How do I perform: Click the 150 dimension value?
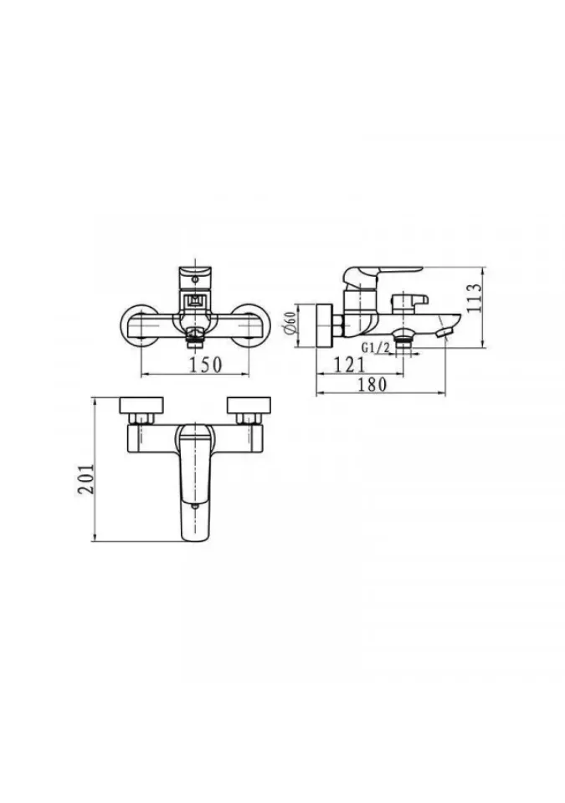pyautogui.click(x=206, y=365)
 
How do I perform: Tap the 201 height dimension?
pyautogui.click(x=86, y=478)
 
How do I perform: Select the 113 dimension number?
pyautogui.click(x=475, y=298)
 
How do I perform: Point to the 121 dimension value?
pyautogui.click(x=349, y=365)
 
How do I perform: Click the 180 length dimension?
pyautogui.click(x=372, y=384)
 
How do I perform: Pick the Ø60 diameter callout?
pyautogui.click(x=290, y=325)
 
